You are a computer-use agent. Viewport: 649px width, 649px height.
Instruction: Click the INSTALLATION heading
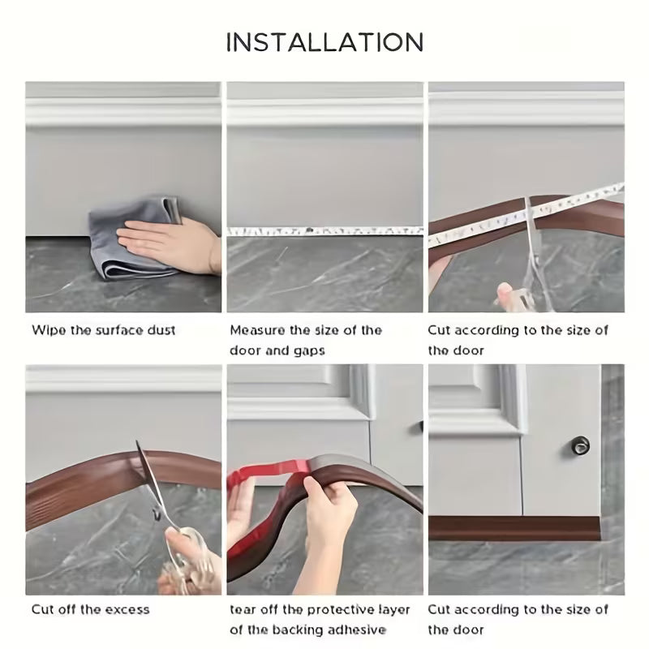point(324,42)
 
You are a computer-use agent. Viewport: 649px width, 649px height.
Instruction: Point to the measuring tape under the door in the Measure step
point(324,231)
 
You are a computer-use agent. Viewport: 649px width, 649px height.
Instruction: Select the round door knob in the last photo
point(582,444)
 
